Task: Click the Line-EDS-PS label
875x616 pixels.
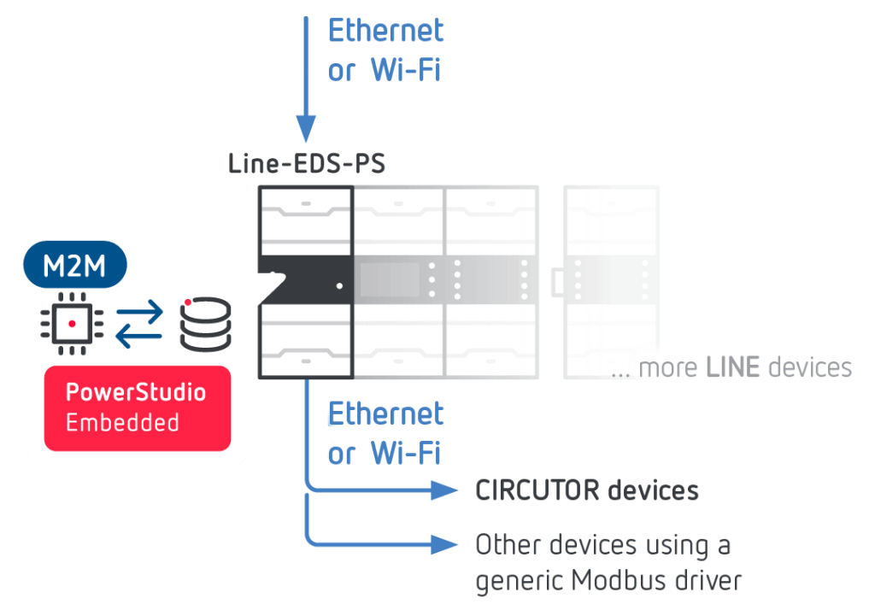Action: click(x=307, y=164)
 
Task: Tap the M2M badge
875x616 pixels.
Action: click(x=74, y=267)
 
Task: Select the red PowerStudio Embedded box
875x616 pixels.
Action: click(x=137, y=408)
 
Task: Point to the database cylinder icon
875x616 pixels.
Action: click(x=205, y=324)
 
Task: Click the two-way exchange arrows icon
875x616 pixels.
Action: click(x=138, y=326)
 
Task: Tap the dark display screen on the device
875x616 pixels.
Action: click(x=390, y=279)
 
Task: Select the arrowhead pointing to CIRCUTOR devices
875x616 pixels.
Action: click(x=444, y=490)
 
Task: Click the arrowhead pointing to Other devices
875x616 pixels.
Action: click(x=444, y=543)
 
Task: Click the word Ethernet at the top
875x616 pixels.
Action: click(x=386, y=32)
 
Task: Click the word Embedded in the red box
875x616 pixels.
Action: click(x=122, y=422)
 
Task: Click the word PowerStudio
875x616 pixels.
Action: click(x=136, y=393)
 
